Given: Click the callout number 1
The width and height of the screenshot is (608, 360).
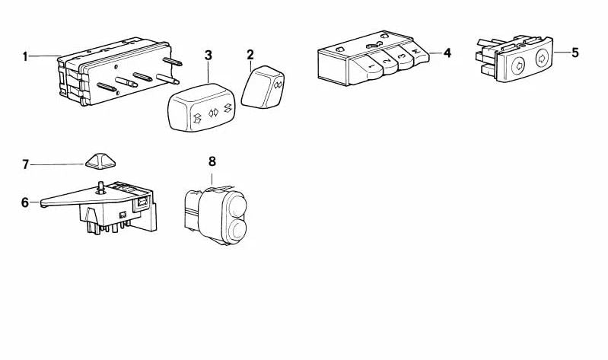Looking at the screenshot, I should pyautogui.click(x=25, y=56).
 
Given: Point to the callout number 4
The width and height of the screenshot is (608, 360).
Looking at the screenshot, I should pyautogui.click(x=447, y=53).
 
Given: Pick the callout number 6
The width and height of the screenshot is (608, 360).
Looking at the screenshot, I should pyautogui.click(x=25, y=202).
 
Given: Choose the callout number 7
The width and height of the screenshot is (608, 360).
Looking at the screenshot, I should pyautogui.click(x=25, y=164).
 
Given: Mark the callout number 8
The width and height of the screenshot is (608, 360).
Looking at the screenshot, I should pyautogui.click(x=212, y=161).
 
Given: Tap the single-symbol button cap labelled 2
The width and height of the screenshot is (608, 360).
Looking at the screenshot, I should pyautogui.click(x=267, y=86).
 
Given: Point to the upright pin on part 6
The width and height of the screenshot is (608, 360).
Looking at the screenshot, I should pyautogui.click(x=101, y=186).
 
